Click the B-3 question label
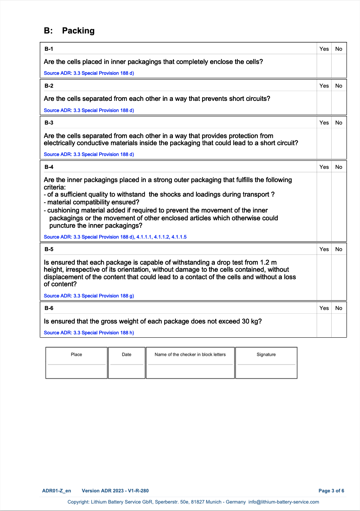pyautogui.click(x=49, y=123)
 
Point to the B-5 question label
pyautogui.click(x=49, y=249)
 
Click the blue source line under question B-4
pyautogui.click(x=115, y=237)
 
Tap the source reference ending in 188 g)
pyautogui.click(x=89, y=296)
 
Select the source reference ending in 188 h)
pyautogui.click(x=89, y=333)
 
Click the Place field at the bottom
pyautogui.click(x=76, y=371)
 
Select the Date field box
pyautogui.click(x=127, y=371)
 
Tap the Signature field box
pyautogui.click(x=266, y=371)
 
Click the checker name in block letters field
pyautogui.click(x=190, y=371)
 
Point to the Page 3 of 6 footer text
pyautogui.click(x=331, y=491)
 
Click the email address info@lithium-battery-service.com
pyautogui.click(x=284, y=502)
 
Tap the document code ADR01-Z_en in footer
pyautogui.click(x=57, y=491)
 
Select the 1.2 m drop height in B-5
pyautogui.click(x=268, y=262)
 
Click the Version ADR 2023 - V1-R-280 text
pyautogui.click(x=115, y=491)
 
